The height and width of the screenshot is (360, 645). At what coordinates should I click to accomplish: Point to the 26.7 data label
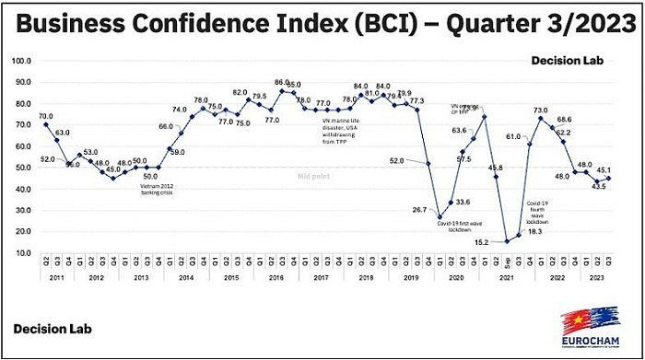(420, 210)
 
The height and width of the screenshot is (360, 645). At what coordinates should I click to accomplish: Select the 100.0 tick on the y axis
(20, 61)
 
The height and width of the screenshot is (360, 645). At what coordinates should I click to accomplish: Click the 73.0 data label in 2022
(540, 110)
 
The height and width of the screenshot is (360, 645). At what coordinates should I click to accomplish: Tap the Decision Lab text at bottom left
(49, 329)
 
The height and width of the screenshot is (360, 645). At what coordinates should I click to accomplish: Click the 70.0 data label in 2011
(46, 116)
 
